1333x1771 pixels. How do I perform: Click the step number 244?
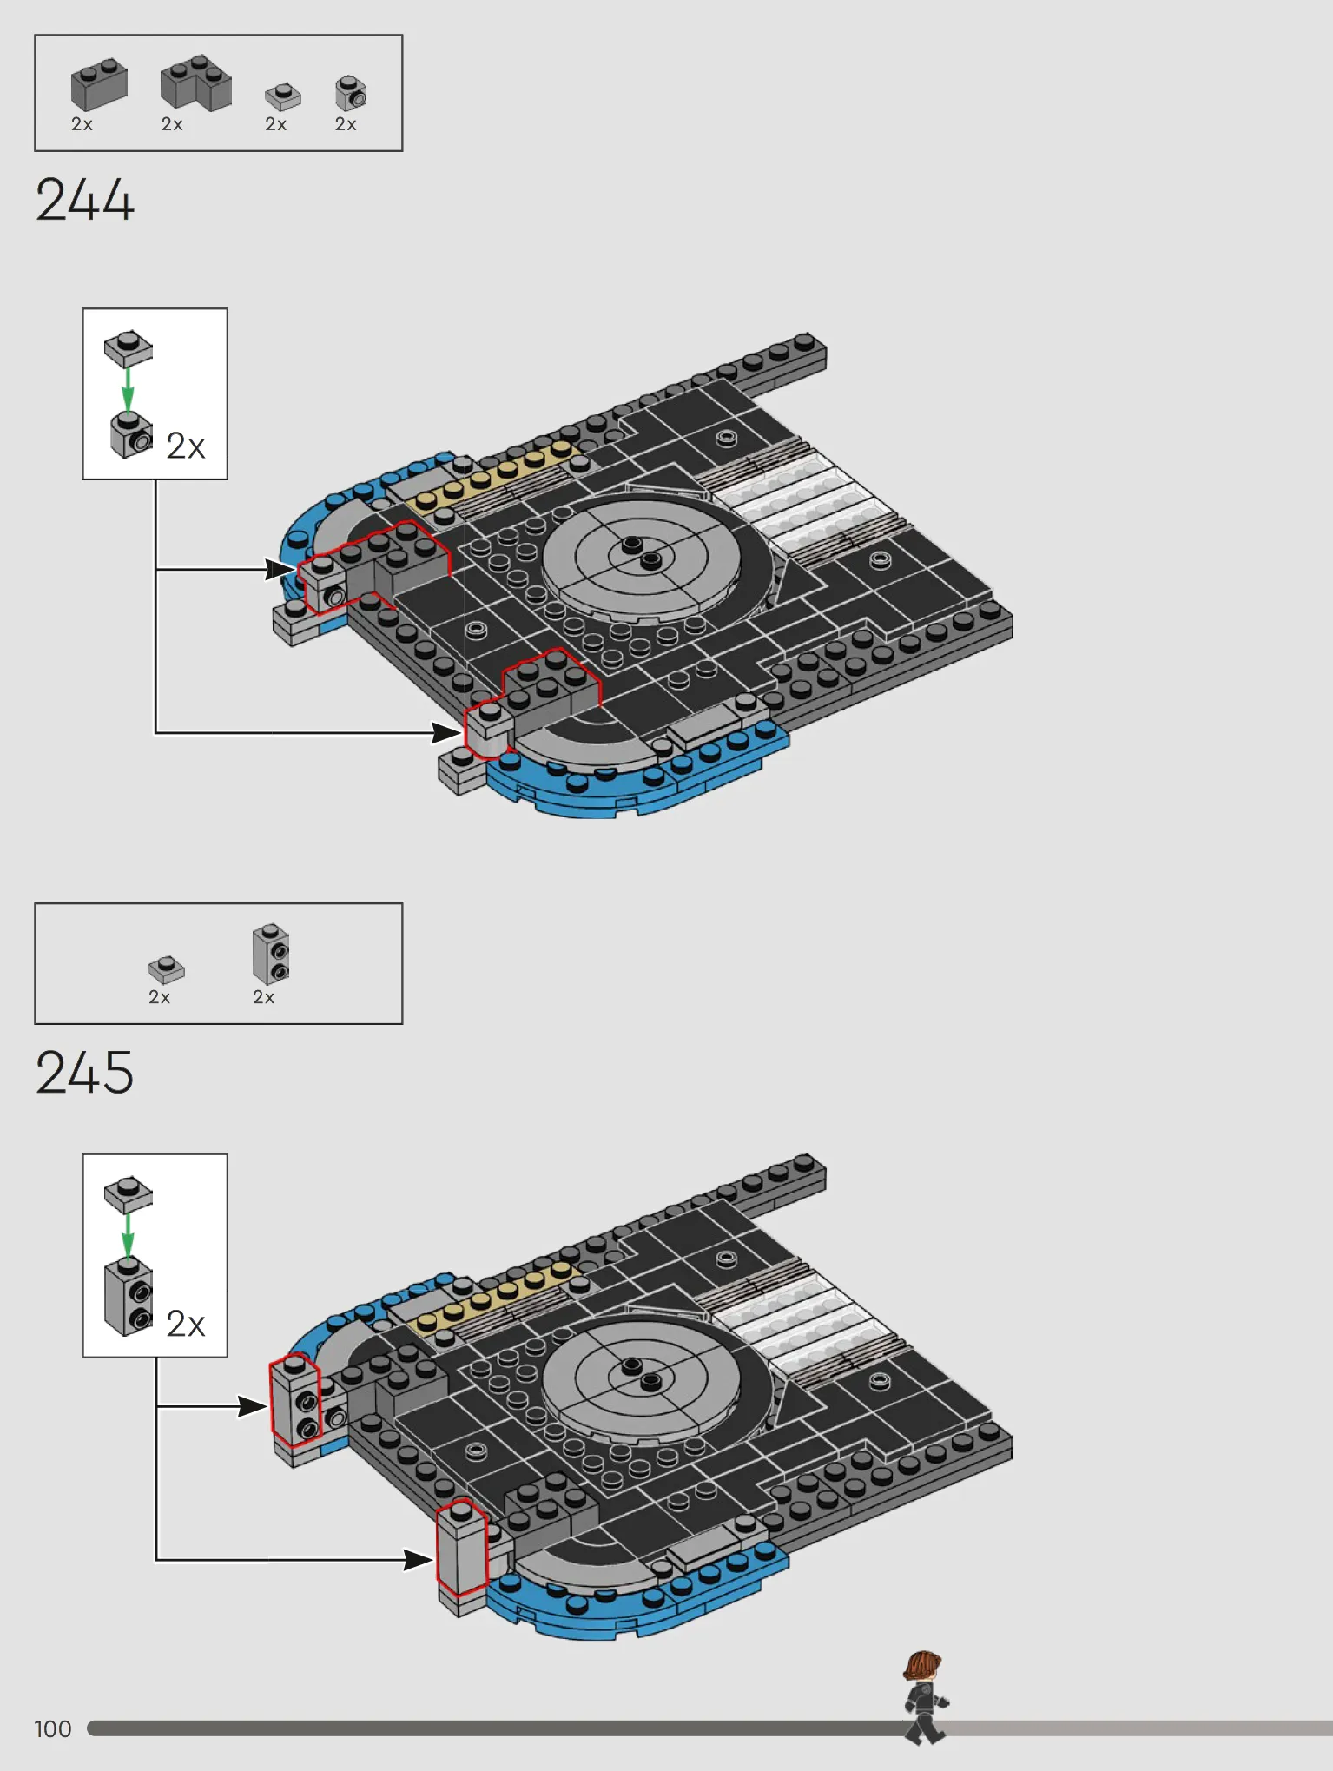(84, 201)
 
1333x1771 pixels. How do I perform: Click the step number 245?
(84, 1072)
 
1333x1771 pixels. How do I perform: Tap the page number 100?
(53, 1728)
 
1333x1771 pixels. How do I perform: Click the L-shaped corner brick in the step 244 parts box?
(196, 83)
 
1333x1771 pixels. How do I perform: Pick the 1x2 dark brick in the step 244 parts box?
(99, 84)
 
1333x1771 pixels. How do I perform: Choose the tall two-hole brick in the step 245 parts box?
(271, 954)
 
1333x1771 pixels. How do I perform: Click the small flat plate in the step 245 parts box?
(167, 969)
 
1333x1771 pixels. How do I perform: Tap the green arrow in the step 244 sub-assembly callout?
(128, 389)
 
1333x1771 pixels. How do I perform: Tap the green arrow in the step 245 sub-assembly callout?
(128, 1235)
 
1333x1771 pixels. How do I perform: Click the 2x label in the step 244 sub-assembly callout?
(186, 446)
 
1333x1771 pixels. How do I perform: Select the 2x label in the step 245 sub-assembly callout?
(186, 1325)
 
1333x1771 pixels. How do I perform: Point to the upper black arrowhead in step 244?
(280, 570)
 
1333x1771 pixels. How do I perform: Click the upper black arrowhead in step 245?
(253, 1406)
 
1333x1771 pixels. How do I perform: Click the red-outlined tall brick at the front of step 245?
(461, 1548)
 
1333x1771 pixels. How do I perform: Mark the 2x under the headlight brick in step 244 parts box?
(346, 124)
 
